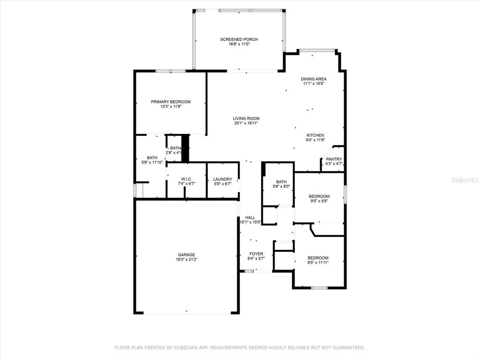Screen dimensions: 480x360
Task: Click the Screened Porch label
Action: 239,39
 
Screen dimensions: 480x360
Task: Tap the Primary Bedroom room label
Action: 171,102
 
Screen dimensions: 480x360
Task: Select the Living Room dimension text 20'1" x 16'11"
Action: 246,123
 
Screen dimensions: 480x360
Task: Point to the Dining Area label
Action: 314,79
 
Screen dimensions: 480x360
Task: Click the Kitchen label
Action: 315,135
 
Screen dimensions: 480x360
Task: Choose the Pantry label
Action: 334,159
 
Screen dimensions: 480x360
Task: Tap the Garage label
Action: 187,255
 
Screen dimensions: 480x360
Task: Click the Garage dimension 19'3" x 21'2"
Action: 187,260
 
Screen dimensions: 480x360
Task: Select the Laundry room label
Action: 223,179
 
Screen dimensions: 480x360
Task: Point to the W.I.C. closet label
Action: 187,179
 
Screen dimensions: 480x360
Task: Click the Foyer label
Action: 256,254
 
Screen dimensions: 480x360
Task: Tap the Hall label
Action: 250,217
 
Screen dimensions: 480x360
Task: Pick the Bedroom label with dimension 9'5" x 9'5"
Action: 319,196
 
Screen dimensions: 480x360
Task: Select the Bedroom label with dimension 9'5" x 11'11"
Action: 318,258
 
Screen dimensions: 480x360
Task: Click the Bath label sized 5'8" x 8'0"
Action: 281,182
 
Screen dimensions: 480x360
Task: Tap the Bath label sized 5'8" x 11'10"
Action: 152,157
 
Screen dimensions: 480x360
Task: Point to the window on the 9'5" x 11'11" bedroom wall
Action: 319,288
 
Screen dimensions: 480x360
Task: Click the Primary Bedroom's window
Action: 171,71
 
